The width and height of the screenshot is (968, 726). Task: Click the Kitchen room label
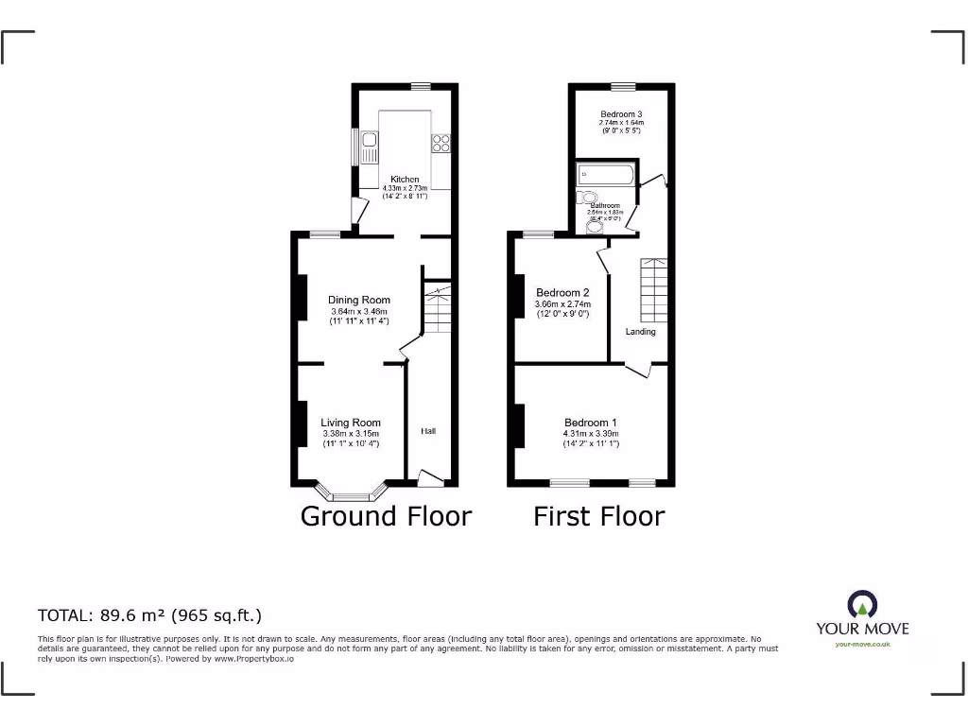coord(405,179)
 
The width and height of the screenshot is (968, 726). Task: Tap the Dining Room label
coord(359,301)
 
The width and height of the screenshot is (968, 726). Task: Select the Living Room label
coord(351,423)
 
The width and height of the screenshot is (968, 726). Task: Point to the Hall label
coord(428,431)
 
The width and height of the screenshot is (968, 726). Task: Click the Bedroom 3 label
coord(621,114)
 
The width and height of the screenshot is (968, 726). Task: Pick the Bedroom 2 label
coord(562,292)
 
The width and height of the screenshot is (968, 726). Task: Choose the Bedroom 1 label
coord(591,423)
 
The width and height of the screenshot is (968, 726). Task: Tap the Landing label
coord(640,332)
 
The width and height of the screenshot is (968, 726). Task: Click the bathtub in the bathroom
coord(604,175)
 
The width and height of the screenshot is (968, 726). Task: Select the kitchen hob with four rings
coord(441,144)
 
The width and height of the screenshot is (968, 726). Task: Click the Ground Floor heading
coord(386,516)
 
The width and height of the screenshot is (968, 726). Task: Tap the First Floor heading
coord(598,516)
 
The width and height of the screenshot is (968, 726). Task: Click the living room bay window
coord(352,494)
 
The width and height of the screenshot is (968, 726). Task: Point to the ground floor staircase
coord(437,309)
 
